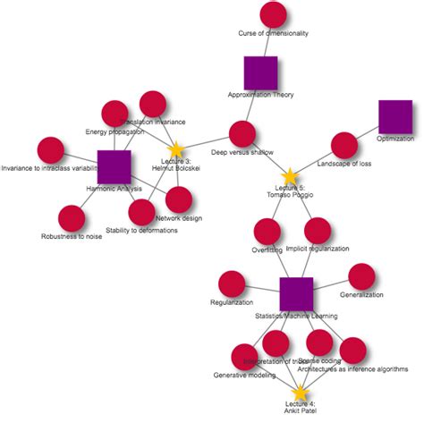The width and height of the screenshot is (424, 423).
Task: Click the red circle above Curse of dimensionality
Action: [273, 15]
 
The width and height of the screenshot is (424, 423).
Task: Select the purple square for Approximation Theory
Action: [260, 73]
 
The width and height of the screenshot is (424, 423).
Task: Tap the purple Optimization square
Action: [395, 117]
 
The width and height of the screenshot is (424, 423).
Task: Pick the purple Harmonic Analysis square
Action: [114, 167]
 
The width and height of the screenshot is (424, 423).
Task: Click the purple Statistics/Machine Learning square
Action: [296, 294]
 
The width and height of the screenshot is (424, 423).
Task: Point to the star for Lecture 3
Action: [176, 149]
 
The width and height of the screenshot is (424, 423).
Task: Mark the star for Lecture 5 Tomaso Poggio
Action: [289, 178]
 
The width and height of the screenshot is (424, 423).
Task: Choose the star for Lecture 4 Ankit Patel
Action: [300, 393]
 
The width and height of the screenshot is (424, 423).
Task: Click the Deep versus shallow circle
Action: [242, 135]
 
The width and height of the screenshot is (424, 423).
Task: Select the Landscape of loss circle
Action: [343, 145]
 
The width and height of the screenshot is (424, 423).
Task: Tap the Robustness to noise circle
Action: [71, 218]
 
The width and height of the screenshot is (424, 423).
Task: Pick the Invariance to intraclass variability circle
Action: [49, 150]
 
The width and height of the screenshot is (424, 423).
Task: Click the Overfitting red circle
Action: [267, 232]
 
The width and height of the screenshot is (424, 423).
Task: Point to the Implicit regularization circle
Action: [317, 231]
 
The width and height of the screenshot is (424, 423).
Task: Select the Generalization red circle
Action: [361, 277]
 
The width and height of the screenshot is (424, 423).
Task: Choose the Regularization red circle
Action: [232, 284]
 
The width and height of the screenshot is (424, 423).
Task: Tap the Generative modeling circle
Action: [244, 357]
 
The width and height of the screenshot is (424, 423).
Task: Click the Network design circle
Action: [179, 199]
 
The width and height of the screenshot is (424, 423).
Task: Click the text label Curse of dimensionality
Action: [273, 33]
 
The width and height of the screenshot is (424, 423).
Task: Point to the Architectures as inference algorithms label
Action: [352, 368]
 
